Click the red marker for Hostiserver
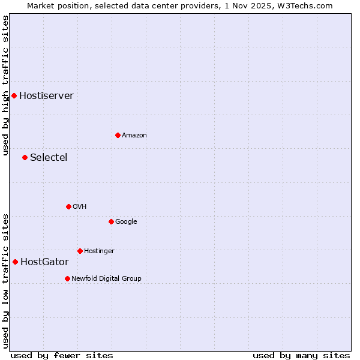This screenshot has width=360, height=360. click(14, 95)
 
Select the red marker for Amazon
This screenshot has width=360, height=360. click(118, 135)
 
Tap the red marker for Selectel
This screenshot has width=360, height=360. click(25, 157)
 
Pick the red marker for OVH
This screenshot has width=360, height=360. click(68, 206)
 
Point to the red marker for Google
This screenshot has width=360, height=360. click(111, 221)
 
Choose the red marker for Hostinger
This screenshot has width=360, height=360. click(80, 251)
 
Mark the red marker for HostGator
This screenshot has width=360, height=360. click(15, 262)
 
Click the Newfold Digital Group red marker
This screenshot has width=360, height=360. click(67, 278)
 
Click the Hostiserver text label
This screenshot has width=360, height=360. click(46, 95)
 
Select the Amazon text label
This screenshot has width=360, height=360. click(134, 135)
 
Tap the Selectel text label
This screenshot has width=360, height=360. click(49, 157)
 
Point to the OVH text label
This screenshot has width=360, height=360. click(80, 206)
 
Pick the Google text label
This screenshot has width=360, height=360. click(126, 221)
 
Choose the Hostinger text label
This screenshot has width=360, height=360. click(99, 251)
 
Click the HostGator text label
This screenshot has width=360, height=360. click(44, 262)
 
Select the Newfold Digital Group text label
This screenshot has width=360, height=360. click(106, 278)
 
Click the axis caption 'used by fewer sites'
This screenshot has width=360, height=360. click(62, 355)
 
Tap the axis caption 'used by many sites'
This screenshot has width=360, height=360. click(301, 355)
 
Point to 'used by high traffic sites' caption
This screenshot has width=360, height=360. click(5, 85)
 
